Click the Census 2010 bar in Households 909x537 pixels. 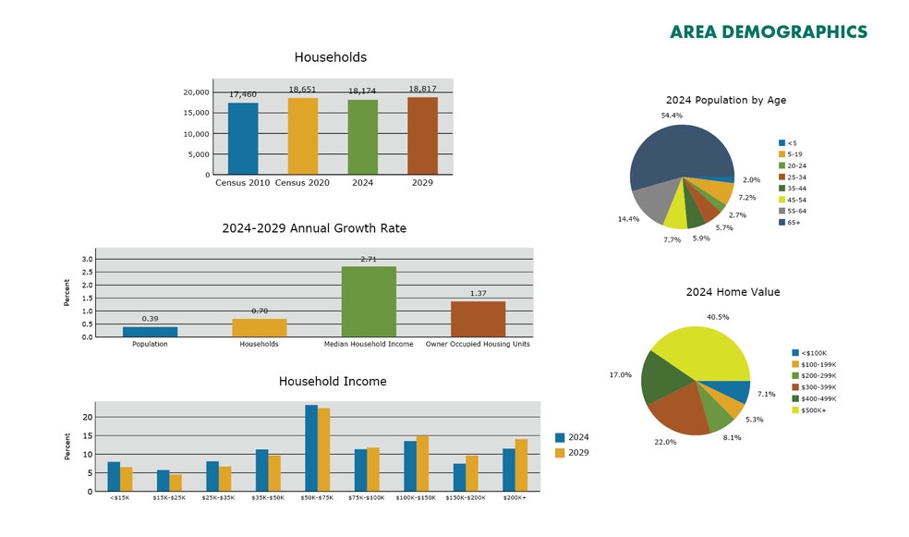tap(243, 139)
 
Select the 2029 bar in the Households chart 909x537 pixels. tap(423, 136)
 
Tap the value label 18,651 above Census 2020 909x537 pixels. tap(303, 90)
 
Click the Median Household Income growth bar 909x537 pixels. tap(369, 302)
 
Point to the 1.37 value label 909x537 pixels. tap(478, 294)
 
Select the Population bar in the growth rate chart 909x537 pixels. tap(150, 332)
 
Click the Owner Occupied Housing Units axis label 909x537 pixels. tap(478, 345)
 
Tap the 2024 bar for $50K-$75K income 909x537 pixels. tap(311, 448)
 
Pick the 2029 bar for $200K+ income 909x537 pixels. tap(521, 465)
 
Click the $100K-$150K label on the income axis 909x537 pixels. tap(416, 498)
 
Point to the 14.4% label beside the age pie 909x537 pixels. tap(628, 219)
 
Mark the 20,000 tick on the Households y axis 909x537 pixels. tap(196, 92)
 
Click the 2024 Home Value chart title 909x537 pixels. tap(733, 292)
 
